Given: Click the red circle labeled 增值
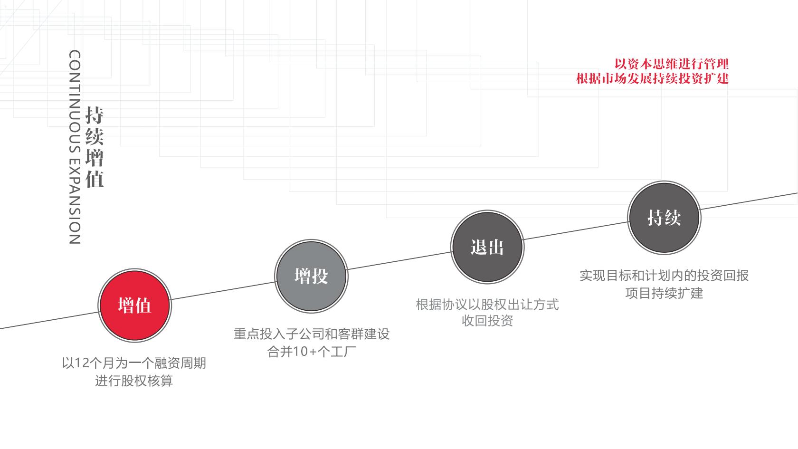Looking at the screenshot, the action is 135,306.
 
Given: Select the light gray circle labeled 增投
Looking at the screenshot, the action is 312,276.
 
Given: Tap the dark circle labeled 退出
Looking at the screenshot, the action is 487,247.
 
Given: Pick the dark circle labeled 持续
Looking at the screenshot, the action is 664,218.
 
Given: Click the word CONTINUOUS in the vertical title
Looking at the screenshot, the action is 75,102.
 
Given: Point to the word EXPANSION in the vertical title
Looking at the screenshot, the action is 75,201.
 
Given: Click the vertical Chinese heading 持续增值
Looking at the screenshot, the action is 95,147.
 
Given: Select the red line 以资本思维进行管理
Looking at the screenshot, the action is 672,64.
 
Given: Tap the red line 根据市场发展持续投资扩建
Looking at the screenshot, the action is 652,78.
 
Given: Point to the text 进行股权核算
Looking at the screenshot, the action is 134,381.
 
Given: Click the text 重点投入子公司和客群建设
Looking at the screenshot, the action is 312,334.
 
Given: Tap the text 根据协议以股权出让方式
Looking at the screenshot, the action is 487,305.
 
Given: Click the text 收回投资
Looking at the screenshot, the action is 487,321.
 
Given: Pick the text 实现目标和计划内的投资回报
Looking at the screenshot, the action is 664,276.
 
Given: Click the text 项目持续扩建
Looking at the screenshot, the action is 664,293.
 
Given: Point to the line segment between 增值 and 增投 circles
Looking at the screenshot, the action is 223,291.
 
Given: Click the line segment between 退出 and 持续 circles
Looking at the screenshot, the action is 576,231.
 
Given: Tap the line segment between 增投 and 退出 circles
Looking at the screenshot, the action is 399,261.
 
